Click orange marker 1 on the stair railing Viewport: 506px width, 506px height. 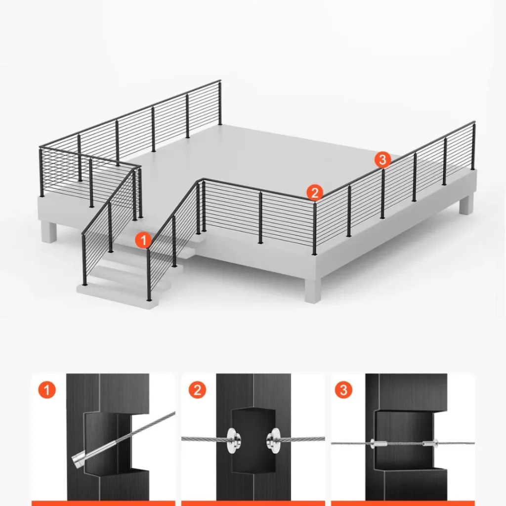click(x=143, y=240)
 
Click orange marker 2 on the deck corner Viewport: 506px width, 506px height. click(x=315, y=193)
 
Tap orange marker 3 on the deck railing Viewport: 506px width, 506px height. click(x=383, y=160)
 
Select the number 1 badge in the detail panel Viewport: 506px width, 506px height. click(x=47, y=390)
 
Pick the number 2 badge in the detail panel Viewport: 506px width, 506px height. click(x=197, y=390)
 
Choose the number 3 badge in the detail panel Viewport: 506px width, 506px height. click(x=343, y=390)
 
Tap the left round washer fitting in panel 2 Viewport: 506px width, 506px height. click(x=233, y=440)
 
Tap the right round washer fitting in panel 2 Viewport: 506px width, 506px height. click(x=274, y=440)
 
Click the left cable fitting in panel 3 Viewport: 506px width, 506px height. click(x=378, y=443)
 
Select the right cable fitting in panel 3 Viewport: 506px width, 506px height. click(x=430, y=443)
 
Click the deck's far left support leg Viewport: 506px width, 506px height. click(x=49, y=231)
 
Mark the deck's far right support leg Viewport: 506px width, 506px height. click(x=466, y=204)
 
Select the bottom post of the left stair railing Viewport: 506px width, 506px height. click(x=84, y=260)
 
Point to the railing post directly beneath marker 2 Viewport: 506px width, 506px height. click(x=315, y=228)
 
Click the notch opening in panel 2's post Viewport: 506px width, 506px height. click(x=253, y=440)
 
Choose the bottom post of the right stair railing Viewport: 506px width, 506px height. click(x=149, y=275)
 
